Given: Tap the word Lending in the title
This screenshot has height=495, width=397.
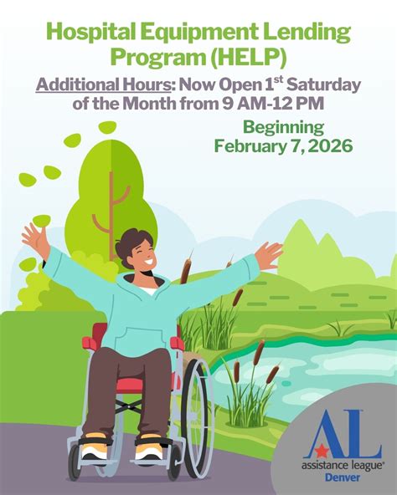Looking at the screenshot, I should [x=307, y=34].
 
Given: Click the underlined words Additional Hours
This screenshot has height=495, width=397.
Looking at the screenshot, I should [x=102, y=85].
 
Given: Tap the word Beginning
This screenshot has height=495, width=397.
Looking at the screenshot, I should [x=283, y=127].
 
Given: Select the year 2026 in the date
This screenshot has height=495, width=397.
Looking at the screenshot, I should [x=329, y=146].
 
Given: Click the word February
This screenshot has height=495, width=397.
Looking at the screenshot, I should [x=250, y=146].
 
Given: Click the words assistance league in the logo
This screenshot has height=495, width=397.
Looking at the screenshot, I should [x=342, y=465].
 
